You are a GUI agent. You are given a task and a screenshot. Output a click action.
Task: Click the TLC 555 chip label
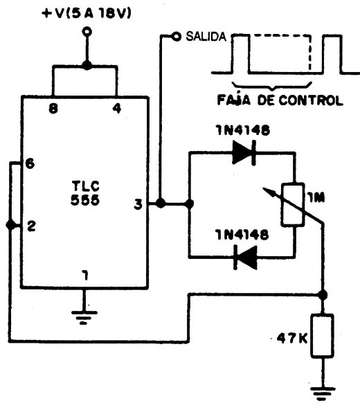(x=85, y=193)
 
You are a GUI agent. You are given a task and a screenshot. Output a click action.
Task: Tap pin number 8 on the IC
(x=53, y=108)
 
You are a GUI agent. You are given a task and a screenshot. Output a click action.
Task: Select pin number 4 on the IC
(x=117, y=108)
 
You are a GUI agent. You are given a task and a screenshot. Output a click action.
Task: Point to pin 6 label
(x=30, y=163)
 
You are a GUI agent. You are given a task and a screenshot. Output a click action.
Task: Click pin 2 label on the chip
(x=31, y=226)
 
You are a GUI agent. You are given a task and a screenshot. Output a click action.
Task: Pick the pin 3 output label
(x=138, y=204)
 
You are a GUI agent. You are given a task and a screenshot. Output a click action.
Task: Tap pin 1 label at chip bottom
(x=85, y=276)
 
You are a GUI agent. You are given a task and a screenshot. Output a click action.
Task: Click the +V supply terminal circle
(x=87, y=32)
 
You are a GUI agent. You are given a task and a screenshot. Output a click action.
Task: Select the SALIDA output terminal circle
(x=176, y=36)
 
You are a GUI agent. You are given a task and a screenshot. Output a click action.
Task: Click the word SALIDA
(x=206, y=37)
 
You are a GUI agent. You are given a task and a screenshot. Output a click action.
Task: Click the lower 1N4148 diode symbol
(x=245, y=257)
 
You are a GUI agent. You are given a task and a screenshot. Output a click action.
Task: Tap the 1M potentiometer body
(x=293, y=205)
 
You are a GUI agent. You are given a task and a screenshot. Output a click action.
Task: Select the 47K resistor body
(x=323, y=336)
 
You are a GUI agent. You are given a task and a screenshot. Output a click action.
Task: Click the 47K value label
(x=292, y=339)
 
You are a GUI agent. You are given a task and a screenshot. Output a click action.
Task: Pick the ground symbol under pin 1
(x=84, y=318)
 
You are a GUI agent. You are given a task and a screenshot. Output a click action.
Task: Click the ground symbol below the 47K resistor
(x=323, y=393)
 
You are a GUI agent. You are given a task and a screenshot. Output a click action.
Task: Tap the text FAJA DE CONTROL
(x=280, y=100)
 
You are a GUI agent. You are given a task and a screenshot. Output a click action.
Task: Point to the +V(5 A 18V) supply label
(x=87, y=14)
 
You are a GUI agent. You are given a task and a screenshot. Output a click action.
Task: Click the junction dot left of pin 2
(x=10, y=225)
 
